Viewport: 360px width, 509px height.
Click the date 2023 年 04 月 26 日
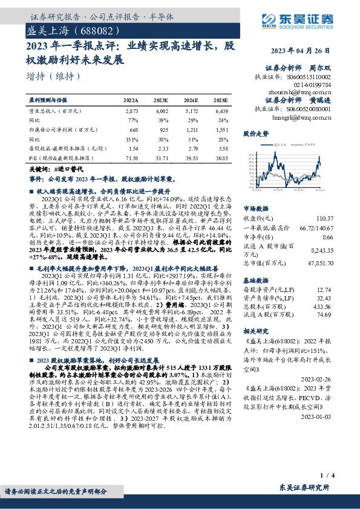[x=307, y=50]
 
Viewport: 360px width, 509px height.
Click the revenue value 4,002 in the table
[x=161, y=112]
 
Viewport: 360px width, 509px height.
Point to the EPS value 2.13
[x=162, y=148]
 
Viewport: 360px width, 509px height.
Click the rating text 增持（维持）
[x=53, y=76]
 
